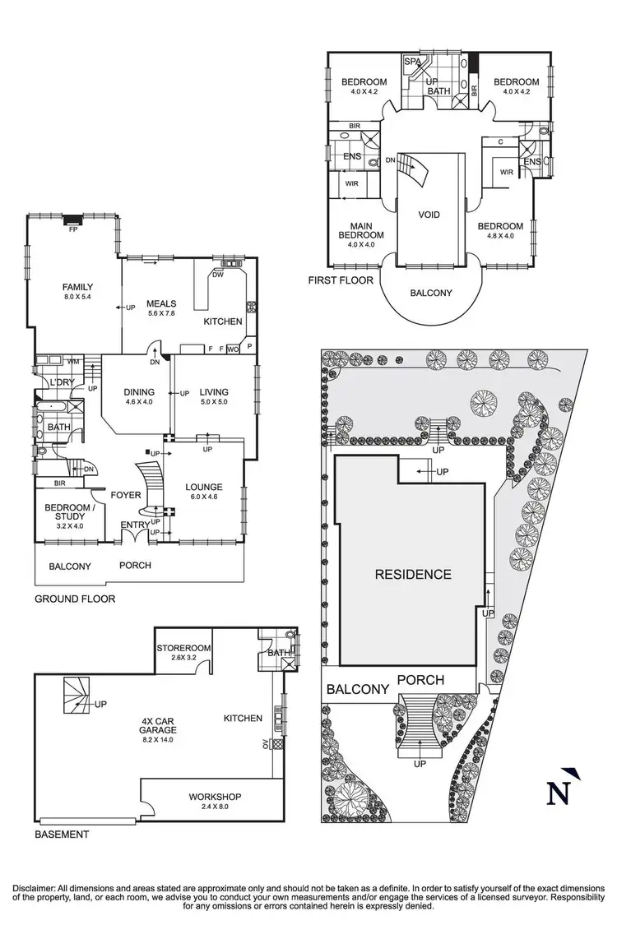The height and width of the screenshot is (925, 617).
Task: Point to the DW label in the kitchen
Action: tap(218, 275)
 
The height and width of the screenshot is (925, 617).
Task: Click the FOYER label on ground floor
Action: tap(128, 495)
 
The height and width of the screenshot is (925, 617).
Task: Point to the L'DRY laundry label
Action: tap(61, 385)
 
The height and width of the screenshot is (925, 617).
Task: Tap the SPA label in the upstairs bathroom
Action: tap(411, 62)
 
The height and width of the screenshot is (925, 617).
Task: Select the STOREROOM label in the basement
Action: tap(183, 648)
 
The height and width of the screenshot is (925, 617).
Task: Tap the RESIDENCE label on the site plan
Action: tap(413, 574)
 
